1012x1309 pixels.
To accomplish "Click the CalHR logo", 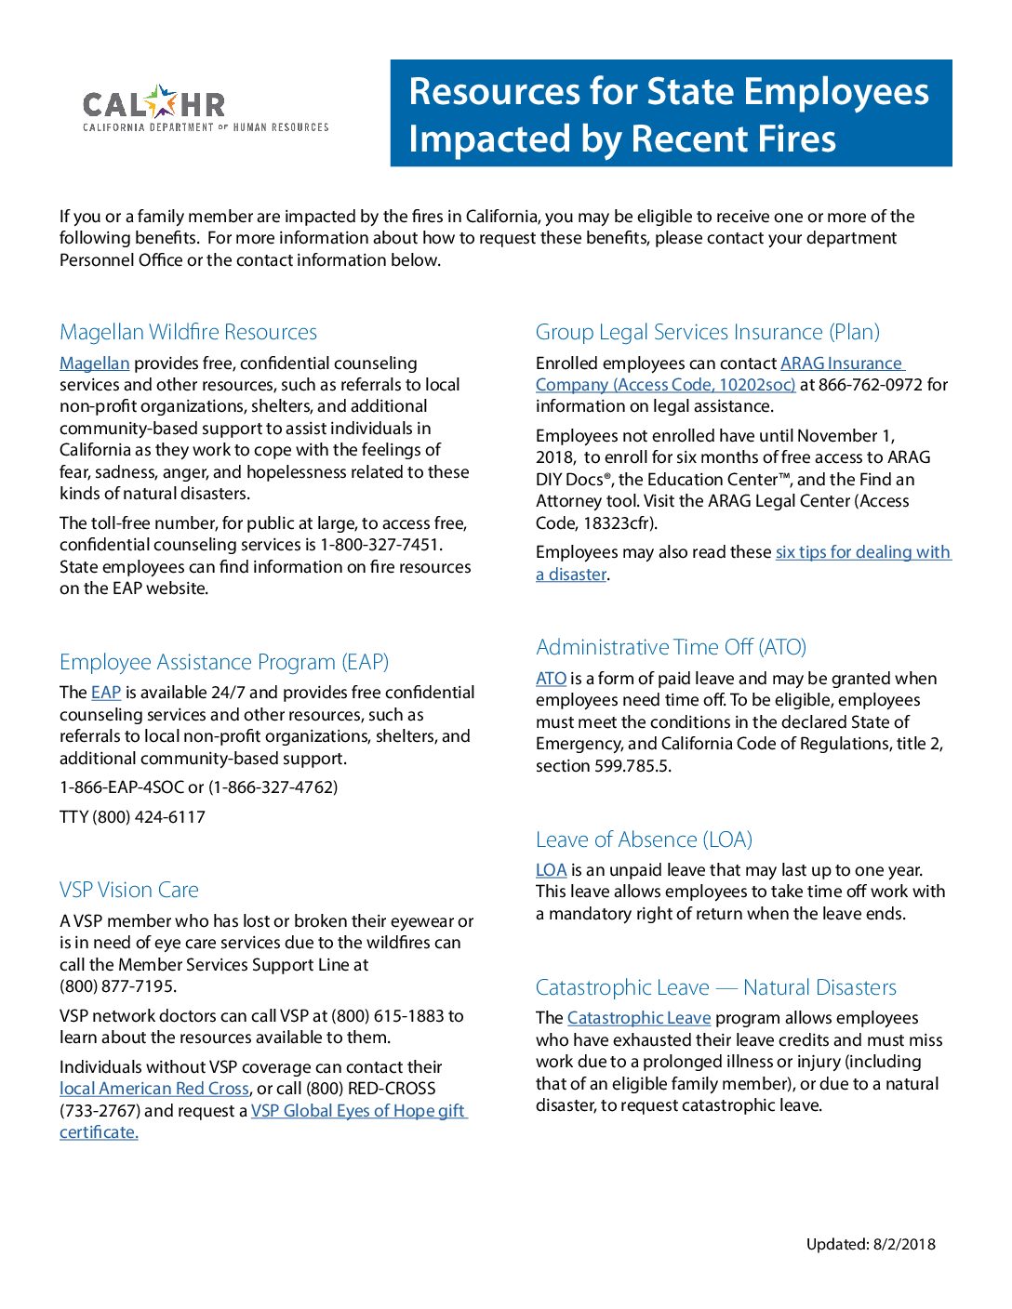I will click(205, 109).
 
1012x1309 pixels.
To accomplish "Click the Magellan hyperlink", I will click(94, 364).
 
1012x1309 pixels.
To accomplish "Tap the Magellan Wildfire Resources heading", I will click(188, 332).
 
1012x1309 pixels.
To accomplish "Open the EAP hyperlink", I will click(106, 693).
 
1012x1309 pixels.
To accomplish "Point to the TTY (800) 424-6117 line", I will click(132, 817).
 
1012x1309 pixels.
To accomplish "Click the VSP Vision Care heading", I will click(129, 890).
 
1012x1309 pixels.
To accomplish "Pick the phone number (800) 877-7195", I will click(118, 986).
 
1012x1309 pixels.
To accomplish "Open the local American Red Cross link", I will click(154, 1089).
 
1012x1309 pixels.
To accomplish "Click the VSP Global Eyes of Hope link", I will click(358, 1111).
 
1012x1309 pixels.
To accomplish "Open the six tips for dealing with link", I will click(862, 552).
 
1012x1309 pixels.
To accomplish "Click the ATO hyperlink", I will click(551, 679).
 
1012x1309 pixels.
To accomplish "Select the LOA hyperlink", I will click(551, 870).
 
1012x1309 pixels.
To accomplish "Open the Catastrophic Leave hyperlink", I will click(639, 1018).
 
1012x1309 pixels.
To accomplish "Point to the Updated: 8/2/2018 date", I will click(871, 1245).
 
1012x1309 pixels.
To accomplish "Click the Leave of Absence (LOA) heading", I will click(644, 840).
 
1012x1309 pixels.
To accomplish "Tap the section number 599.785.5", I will click(632, 766).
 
